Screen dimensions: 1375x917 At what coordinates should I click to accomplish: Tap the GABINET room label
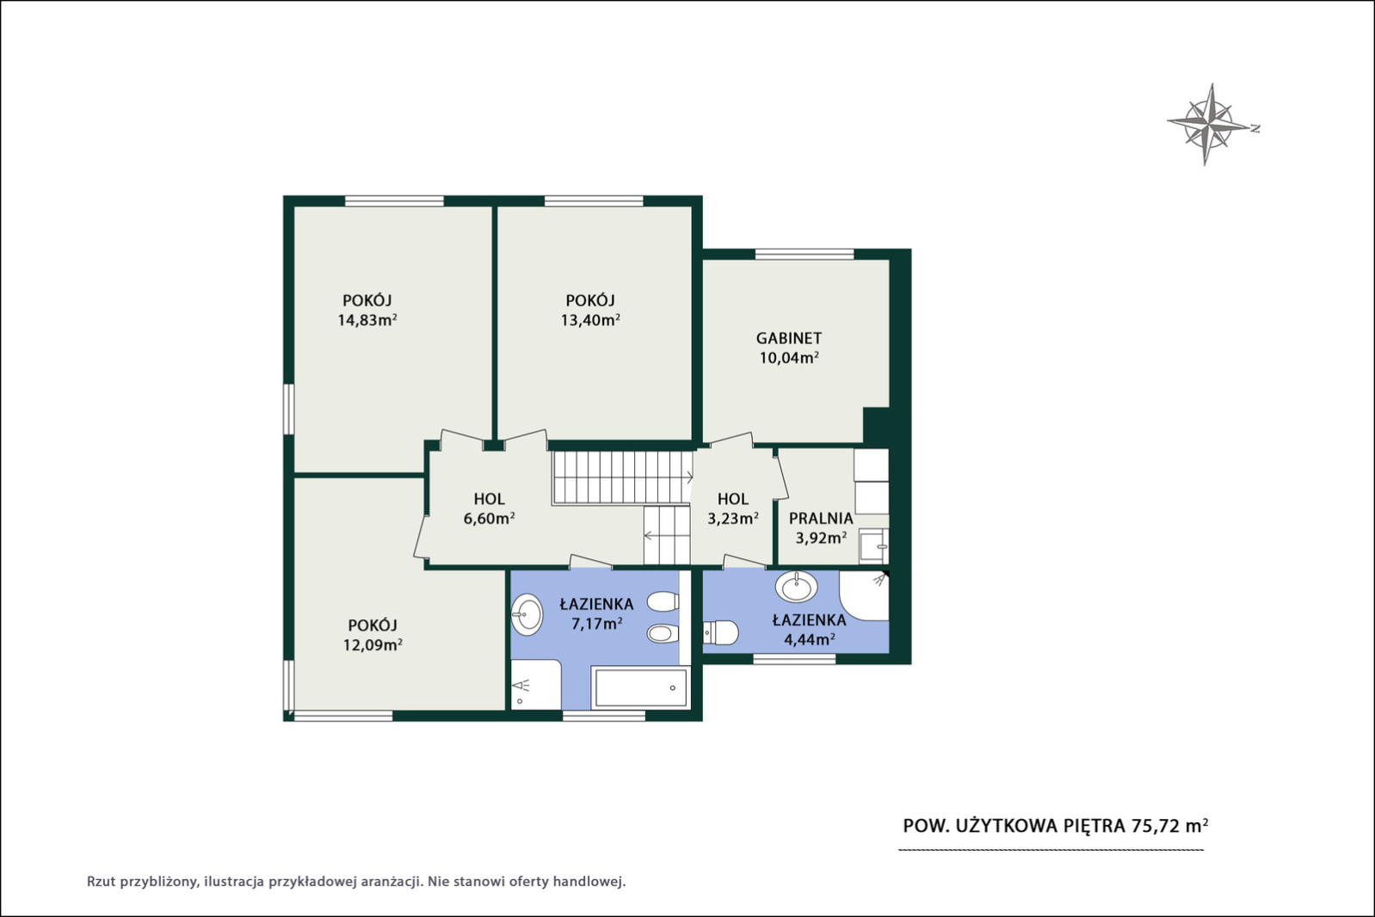point(789,338)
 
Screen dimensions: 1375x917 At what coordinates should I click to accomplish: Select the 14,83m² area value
point(367,320)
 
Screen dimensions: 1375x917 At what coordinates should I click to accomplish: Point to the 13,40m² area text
point(590,320)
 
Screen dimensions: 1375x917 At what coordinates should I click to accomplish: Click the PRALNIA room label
point(821,519)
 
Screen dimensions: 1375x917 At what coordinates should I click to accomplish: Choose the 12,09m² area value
point(373,644)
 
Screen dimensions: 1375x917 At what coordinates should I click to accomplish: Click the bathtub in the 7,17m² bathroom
point(640,686)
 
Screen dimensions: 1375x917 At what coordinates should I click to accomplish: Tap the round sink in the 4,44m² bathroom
point(796,586)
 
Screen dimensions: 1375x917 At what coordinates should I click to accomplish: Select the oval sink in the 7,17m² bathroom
point(527,614)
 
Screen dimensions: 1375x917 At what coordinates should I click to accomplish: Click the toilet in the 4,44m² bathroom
point(720,633)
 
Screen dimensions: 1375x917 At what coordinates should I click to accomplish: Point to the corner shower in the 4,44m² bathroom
point(864,595)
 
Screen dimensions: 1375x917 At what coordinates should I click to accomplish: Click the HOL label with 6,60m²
point(490,499)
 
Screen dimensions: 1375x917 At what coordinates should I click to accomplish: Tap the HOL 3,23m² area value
point(733,519)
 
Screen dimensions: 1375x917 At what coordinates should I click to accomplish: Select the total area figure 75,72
point(1156,826)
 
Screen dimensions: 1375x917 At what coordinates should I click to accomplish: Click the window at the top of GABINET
point(805,254)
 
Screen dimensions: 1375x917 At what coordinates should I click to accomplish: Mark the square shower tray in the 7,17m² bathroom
point(536,685)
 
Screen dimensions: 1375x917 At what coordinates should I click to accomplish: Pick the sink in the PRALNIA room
point(872,545)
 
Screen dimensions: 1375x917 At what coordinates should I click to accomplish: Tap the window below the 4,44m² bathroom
point(794,659)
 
